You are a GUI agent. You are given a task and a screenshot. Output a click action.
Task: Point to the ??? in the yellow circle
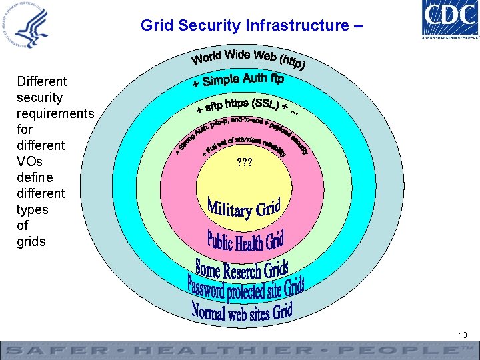pyautogui.click(x=245, y=162)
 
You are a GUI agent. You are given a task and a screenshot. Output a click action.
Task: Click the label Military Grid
pyautogui.click(x=244, y=208)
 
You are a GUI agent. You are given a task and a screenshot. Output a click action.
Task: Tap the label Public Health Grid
pyautogui.click(x=245, y=239)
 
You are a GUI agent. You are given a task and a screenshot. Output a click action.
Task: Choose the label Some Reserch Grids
pyautogui.click(x=241, y=270)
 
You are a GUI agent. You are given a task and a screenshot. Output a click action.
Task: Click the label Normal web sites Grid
pyautogui.click(x=242, y=311)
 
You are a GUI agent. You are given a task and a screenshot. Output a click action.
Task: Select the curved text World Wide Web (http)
pyautogui.click(x=249, y=59)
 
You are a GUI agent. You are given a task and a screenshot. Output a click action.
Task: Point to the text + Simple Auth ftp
pyautogui.click(x=238, y=81)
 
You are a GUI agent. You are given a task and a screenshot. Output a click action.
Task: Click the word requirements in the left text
pyautogui.click(x=55, y=113)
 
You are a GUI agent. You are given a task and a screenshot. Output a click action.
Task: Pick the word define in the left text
pyautogui.click(x=35, y=177)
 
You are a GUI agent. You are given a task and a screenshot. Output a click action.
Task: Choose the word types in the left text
pyautogui.click(x=32, y=209)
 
